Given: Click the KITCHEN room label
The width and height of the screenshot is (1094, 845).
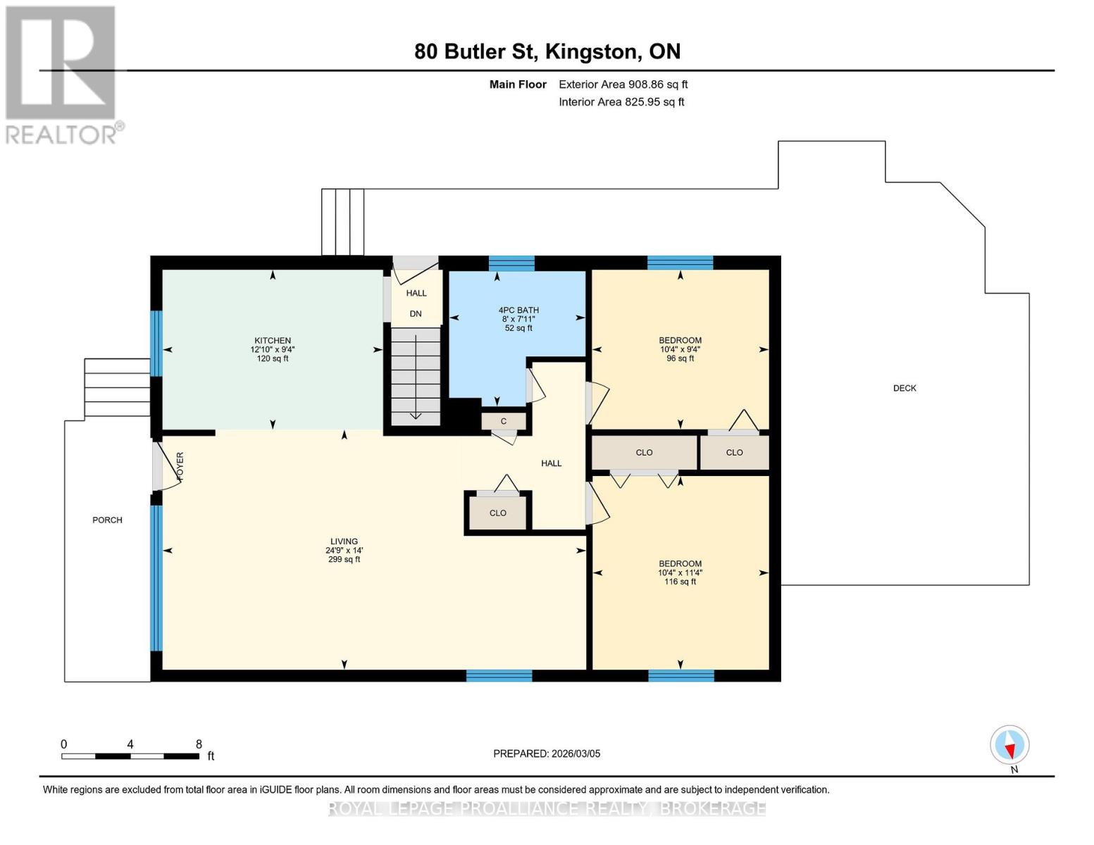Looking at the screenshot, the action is click(x=273, y=340).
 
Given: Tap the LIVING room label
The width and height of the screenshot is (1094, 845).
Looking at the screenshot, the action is click(x=344, y=542).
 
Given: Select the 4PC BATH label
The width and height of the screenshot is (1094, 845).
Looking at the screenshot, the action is click(x=518, y=310).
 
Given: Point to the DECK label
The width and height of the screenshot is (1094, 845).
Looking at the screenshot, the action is click(x=905, y=388).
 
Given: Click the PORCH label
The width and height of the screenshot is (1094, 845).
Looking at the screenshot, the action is click(x=107, y=520).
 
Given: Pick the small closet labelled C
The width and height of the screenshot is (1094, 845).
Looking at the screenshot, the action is click(x=504, y=421).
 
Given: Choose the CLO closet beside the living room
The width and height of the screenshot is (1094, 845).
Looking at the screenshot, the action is click(x=497, y=513).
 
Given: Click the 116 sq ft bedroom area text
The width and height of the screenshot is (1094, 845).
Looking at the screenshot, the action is click(x=680, y=581).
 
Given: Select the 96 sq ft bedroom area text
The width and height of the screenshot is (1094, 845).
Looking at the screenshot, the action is click(x=680, y=358).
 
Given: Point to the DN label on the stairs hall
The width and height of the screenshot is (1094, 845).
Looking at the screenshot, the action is click(x=416, y=313).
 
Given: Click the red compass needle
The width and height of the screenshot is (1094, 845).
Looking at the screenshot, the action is click(x=1010, y=751).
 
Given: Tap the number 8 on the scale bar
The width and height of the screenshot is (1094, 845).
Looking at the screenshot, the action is click(x=199, y=744).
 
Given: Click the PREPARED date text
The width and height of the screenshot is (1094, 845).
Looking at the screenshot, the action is click(x=547, y=753).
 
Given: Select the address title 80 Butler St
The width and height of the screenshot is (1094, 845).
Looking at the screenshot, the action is click(x=475, y=51).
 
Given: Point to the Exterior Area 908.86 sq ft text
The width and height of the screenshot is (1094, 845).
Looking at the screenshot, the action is click(x=623, y=84).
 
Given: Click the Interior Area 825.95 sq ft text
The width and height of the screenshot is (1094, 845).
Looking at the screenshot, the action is click(x=622, y=101).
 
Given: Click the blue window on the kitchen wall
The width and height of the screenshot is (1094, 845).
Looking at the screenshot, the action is click(x=156, y=343).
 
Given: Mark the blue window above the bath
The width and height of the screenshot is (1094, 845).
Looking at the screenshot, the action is click(x=511, y=263).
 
